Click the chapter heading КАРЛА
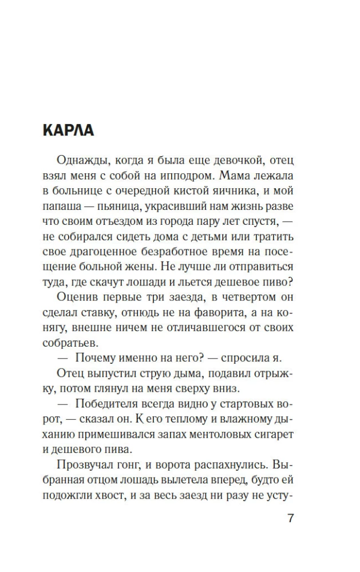68,131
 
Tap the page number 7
290,519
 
